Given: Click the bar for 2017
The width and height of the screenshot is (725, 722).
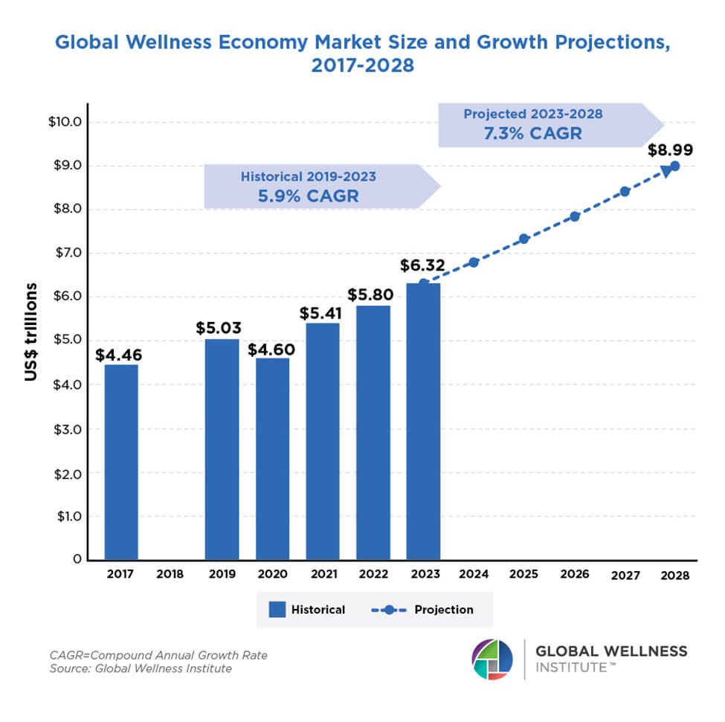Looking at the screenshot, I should (121, 462).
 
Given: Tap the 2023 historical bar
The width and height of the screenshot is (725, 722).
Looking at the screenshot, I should (423, 421).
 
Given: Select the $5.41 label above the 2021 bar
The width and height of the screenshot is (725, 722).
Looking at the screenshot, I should (323, 312).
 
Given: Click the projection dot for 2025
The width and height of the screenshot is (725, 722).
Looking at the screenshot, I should (523, 239).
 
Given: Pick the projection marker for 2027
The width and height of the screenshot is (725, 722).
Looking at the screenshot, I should (625, 191).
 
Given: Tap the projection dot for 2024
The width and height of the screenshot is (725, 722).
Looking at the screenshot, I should (474, 262).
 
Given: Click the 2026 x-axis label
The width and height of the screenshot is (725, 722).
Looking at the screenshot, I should (574, 574).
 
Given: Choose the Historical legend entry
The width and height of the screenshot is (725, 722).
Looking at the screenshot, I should (307, 610).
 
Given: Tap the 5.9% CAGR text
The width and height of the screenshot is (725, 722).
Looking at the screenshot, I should (308, 196).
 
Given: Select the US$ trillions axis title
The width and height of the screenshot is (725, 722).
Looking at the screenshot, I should (30, 332).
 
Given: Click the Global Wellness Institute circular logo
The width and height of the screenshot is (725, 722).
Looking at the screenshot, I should (492, 659).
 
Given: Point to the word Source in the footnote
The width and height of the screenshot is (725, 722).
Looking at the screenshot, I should (68, 668).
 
